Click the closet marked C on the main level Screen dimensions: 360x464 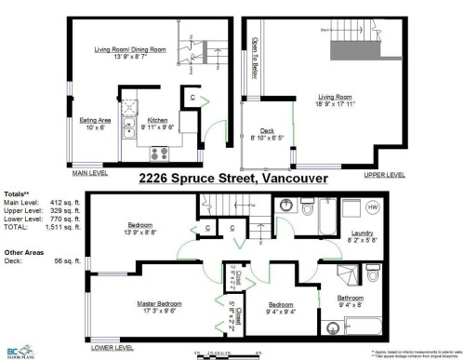click(192, 95)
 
